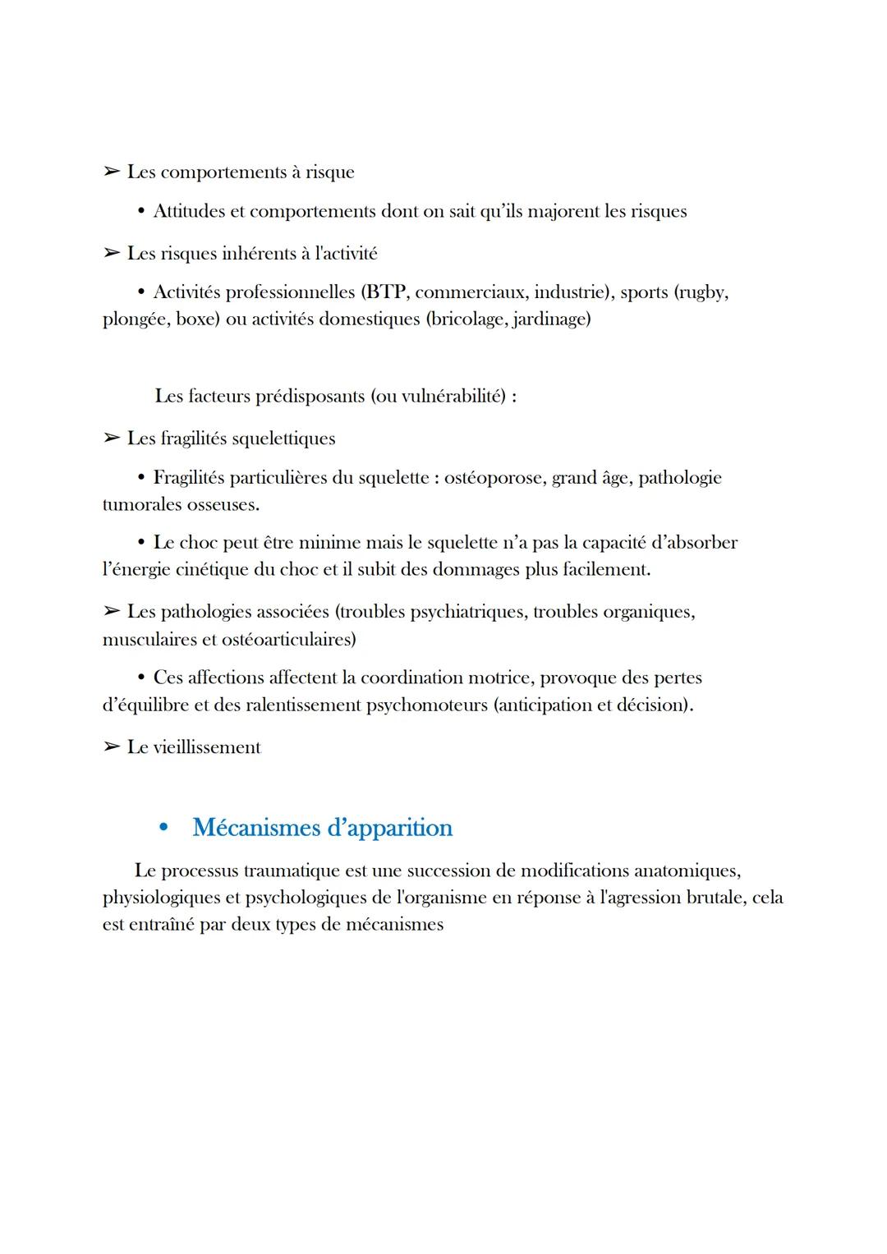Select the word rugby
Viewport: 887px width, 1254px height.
703,292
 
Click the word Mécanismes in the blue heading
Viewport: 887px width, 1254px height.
255,828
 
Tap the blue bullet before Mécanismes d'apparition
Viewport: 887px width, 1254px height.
163,828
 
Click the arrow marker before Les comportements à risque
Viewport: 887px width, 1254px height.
111,172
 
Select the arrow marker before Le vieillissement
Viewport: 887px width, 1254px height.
111,747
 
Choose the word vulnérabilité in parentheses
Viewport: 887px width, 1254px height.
451,397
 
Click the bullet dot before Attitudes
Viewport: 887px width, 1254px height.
142,212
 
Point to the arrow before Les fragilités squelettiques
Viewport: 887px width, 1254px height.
111,439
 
